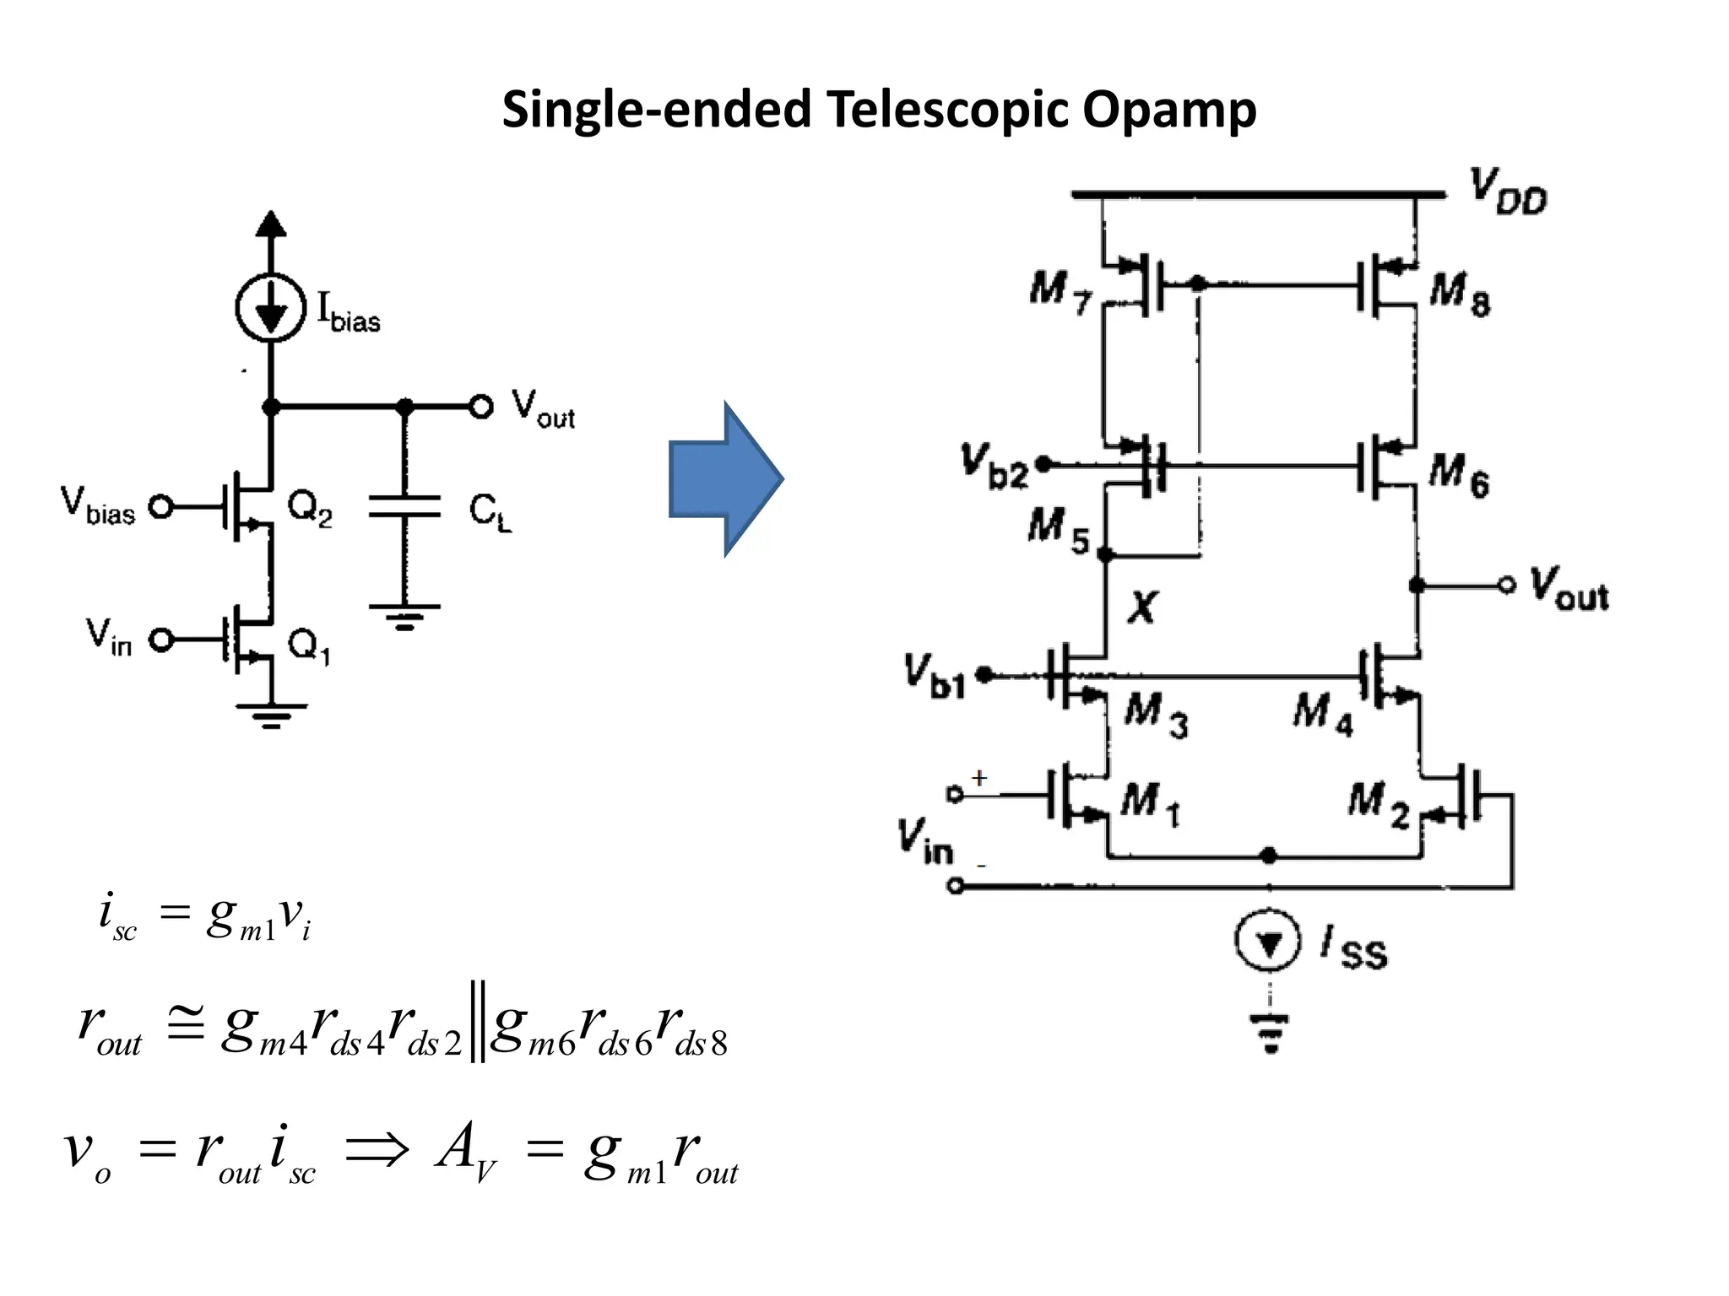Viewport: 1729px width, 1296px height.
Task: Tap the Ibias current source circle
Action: point(270,308)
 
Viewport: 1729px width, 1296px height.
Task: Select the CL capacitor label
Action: point(490,513)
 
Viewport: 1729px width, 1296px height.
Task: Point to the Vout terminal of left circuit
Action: point(481,408)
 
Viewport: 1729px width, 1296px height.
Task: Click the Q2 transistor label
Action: point(309,508)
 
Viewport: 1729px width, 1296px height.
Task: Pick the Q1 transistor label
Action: point(309,646)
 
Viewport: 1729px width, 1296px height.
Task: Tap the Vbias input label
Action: point(98,506)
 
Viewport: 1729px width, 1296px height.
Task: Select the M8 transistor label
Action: point(1460,293)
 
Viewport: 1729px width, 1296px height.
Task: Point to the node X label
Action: point(1142,607)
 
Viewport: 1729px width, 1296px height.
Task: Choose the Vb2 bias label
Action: point(995,466)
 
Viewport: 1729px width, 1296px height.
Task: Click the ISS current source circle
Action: point(1268,942)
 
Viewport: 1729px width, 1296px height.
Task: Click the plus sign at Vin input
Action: point(978,778)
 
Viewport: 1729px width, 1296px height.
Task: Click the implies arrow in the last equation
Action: point(377,1150)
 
